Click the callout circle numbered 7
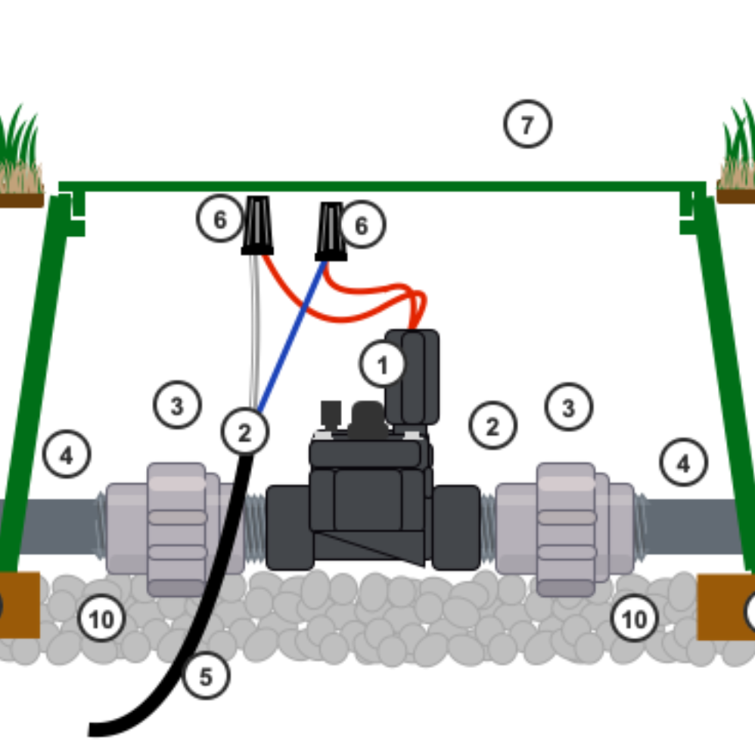pos(527,124)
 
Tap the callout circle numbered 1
pos(382,365)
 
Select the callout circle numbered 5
pos(206,677)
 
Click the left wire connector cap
pos(257,225)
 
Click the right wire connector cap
pos(331,231)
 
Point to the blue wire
pos(291,337)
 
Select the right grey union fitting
pos(566,528)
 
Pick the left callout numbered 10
pos(101,619)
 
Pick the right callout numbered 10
pos(633,619)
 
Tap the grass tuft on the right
pos(738,155)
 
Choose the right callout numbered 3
pos(568,408)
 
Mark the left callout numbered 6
pos(219,219)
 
